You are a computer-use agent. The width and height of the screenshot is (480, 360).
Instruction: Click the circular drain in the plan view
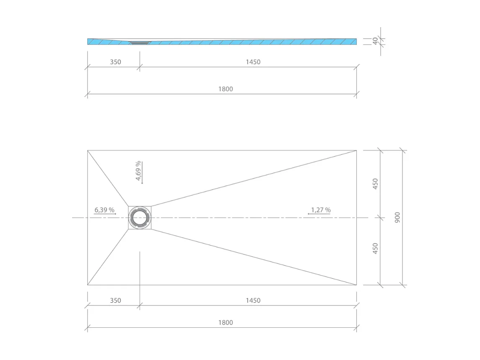pos(140,218)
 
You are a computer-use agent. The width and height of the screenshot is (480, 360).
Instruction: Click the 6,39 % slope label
pos(104,210)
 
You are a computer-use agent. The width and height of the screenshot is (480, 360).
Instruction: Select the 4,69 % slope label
pos(138,171)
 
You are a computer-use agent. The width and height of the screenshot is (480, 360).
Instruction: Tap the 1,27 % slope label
pos(321,210)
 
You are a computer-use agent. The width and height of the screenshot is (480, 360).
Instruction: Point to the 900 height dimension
pos(397,217)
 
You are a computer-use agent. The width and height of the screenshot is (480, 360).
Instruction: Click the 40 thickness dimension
pos(375,41)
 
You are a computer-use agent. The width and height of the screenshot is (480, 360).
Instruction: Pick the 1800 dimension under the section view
pos(226,89)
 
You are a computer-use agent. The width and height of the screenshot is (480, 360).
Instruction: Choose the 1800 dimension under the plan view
pos(226,323)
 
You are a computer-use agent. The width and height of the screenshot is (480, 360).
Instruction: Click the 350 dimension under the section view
pos(115,62)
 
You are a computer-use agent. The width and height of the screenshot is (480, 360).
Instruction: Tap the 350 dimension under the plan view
pos(115,300)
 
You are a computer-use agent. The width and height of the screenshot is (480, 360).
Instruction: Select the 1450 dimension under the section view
pos(253,62)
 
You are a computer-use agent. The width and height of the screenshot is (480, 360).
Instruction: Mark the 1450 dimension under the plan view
pos(253,300)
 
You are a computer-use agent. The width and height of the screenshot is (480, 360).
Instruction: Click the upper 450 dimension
pos(375,184)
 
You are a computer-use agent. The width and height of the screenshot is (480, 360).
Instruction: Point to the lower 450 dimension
pos(375,248)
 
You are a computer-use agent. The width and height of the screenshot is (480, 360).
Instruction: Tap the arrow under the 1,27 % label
pos(319,214)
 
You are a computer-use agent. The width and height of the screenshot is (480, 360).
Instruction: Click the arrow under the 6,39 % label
pos(105,214)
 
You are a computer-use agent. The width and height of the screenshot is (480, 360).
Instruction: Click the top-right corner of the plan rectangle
pos(356,150)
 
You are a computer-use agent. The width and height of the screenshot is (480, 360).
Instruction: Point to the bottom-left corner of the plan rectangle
pos(88,285)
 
